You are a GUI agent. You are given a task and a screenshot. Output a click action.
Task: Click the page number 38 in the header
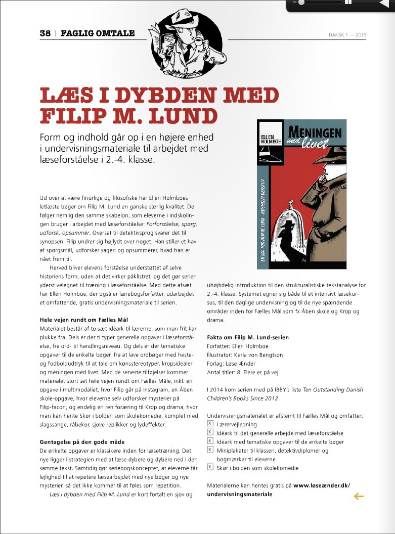(45, 33)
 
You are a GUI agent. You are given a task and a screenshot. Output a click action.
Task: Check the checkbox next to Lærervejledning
(210, 424)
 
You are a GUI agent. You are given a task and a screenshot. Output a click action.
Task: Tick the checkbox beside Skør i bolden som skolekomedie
(210, 468)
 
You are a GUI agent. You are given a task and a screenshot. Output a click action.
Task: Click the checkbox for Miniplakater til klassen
(210, 450)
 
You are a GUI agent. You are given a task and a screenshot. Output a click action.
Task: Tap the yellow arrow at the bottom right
(359, 497)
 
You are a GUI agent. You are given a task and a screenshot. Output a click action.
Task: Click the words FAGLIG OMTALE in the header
(98, 33)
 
